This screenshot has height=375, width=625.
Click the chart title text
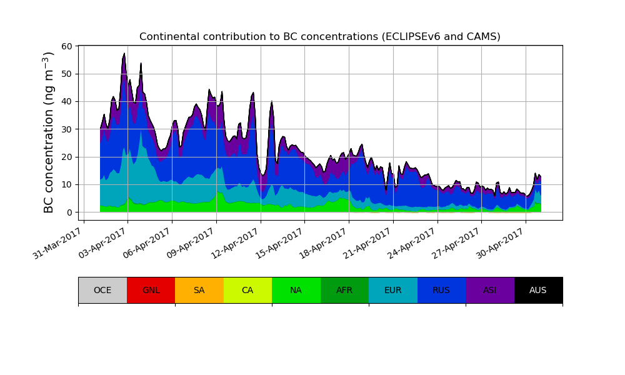(x=319, y=37)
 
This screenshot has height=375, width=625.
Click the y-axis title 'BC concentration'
(x=49, y=132)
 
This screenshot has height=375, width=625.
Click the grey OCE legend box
(x=102, y=290)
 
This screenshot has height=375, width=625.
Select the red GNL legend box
(x=151, y=290)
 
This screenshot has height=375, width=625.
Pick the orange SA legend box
(x=199, y=290)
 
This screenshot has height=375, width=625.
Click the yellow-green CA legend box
(x=247, y=290)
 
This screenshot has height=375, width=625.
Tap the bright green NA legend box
(x=296, y=290)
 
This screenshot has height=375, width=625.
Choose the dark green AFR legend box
(x=344, y=290)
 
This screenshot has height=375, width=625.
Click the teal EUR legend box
(x=393, y=290)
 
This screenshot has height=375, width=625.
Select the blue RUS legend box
(x=441, y=290)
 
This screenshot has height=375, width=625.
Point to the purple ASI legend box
(x=490, y=290)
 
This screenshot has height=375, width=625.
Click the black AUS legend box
(x=538, y=290)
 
